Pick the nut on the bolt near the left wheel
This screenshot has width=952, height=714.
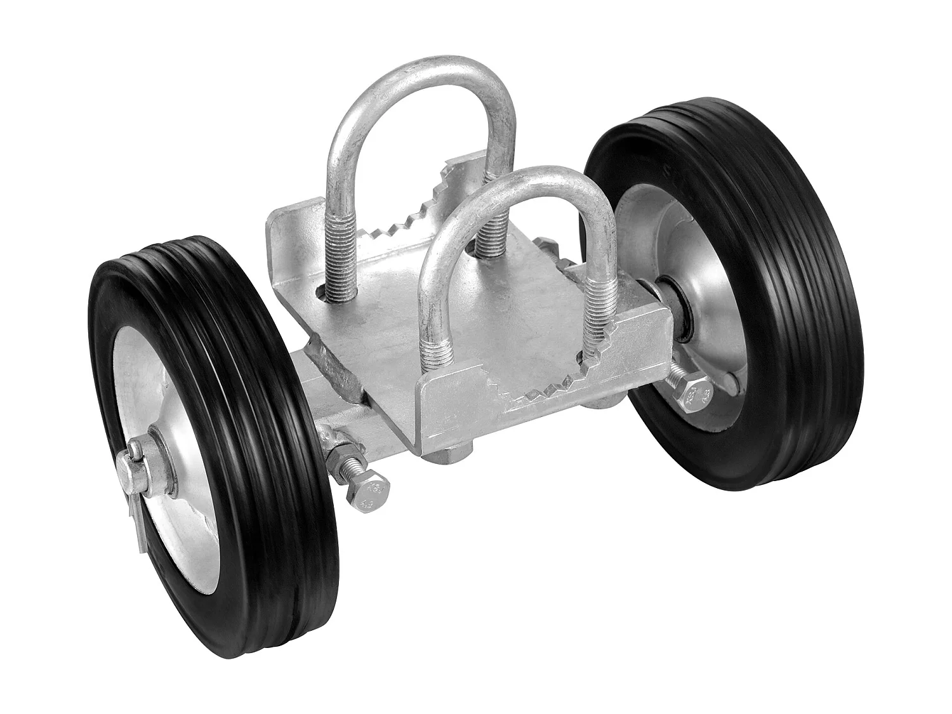343,457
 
